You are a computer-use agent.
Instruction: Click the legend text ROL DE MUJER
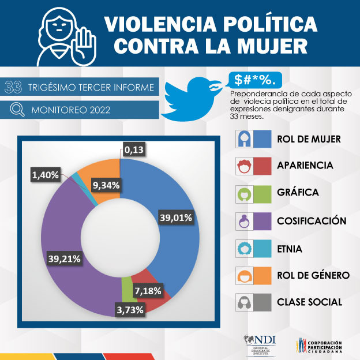(x=309, y=139)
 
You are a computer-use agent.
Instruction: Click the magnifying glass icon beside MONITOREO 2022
(x=17, y=109)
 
